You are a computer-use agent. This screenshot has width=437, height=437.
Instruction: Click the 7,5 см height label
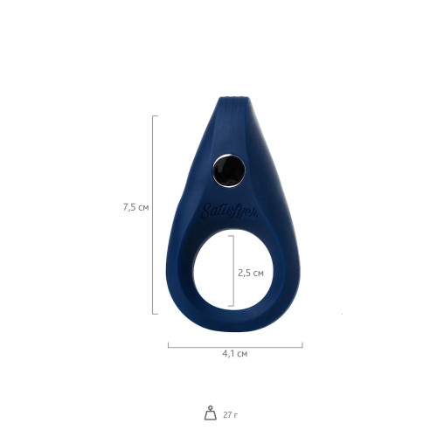(x=136, y=207)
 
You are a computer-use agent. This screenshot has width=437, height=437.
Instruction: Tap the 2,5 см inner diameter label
(x=252, y=272)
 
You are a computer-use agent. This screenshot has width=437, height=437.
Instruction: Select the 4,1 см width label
(x=235, y=353)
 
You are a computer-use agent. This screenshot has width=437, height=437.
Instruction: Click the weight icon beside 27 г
(x=210, y=413)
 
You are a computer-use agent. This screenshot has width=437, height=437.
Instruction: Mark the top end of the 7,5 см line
(x=155, y=115)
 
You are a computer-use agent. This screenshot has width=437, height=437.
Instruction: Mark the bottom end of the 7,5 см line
(x=155, y=313)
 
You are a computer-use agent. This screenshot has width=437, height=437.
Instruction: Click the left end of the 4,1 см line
(x=168, y=344)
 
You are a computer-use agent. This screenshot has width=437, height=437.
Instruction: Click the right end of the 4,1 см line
(x=302, y=344)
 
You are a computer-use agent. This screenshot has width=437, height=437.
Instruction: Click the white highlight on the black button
(x=225, y=163)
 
